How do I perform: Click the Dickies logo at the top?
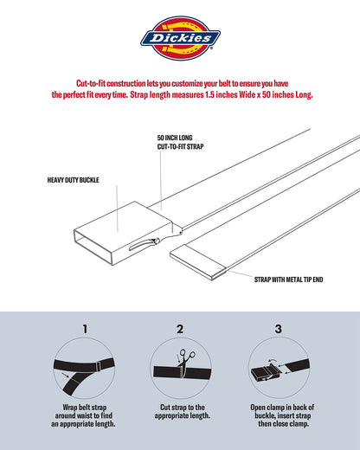[180, 37]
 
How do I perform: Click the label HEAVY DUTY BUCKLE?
[75, 181]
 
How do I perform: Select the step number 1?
[85, 329]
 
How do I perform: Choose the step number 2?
[180, 329]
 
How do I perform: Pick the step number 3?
[277, 329]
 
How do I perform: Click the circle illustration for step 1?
[85, 368]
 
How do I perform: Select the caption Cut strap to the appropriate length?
[180, 412]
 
